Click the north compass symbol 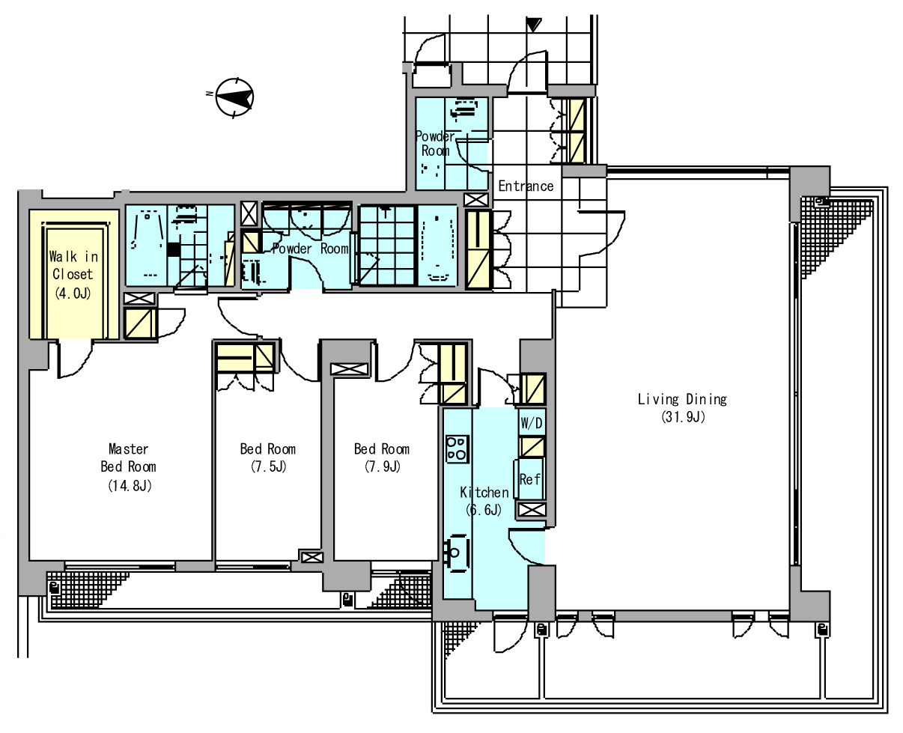[234, 97]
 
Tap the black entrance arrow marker [534, 25]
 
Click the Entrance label [526, 186]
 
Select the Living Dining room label [682, 399]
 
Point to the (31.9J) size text [683, 417]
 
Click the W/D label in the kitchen [531, 423]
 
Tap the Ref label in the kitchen [529, 479]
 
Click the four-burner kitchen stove [457, 449]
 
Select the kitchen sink [456, 553]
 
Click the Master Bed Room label [129, 457]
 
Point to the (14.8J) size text [130, 485]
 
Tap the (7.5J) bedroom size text [268, 466]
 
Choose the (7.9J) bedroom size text [383, 466]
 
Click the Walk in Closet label [73, 265]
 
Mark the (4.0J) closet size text [73, 293]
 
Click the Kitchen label [484, 492]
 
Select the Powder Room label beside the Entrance [435, 143]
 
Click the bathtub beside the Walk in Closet [147, 246]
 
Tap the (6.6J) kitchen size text [483, 510]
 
